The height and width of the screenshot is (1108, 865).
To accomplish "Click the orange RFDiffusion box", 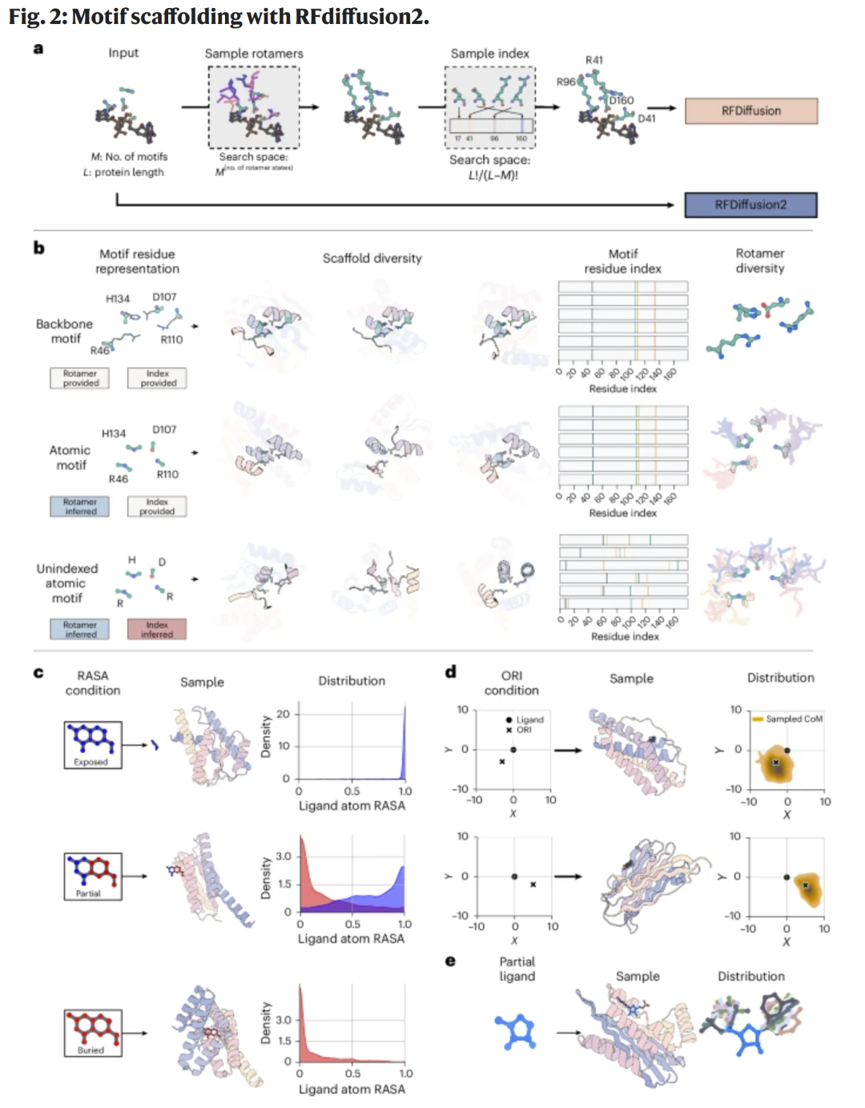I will click(x=750, y=111).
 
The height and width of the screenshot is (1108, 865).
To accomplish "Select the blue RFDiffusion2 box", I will click(x=750, y=205).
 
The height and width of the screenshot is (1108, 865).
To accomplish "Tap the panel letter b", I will click(x=38, y=248).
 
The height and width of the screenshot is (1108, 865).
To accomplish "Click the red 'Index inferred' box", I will click(x=157, y=629).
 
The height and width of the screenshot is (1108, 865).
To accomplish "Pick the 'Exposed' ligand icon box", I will click(x=93, y=744).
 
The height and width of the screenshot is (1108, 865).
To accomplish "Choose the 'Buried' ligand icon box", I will click(x=93, y=1033).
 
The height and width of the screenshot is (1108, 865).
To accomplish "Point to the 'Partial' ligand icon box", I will click(x=93, y=876).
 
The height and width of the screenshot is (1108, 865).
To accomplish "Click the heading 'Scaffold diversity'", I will click(x=372, y=258).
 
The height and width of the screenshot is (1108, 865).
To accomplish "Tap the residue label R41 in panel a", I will click(x=593, y=60).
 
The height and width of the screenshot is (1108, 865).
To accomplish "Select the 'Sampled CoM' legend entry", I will click(x=788, y=719).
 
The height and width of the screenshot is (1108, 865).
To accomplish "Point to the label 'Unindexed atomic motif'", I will click(x=67, y=583).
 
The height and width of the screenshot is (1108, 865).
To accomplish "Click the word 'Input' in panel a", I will click(x=123, y=53).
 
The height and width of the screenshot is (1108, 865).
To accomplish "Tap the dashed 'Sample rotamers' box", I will click(x=254, y=107).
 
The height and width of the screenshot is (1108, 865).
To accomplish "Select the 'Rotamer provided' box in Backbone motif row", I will click(x=80, y=378).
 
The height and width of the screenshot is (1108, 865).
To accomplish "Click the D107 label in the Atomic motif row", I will click(x=164, y=429).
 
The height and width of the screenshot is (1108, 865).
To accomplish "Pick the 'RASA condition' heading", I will click(x=93, y=683).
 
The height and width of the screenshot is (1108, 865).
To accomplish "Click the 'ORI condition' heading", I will click(x=511, y=683).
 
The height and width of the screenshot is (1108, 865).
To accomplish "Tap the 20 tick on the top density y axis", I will click(x=283, y=714).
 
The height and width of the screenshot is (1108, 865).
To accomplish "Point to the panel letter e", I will click(x=450, y=961).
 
